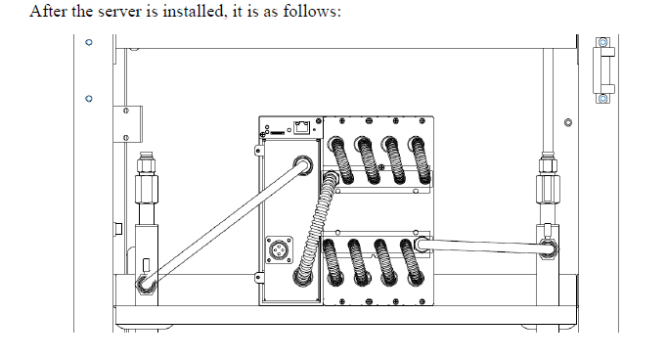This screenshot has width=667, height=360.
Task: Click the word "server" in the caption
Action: (120, 12)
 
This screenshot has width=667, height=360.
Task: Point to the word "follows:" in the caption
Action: (312, 11)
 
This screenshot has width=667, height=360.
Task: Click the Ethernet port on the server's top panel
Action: (301, 127)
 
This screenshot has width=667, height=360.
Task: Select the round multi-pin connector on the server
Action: (279, 249)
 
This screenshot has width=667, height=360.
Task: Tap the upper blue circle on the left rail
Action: (89, 42)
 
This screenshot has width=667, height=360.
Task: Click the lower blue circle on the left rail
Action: (89, 99)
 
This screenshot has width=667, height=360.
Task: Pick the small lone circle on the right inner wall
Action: (567, 122)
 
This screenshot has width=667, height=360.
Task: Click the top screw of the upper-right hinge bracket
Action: (602, 42)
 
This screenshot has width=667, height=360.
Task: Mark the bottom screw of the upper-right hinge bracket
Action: (602, 99)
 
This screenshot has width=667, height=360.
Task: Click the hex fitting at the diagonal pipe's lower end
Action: (146, 284)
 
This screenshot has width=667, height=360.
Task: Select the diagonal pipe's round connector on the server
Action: (302, 165)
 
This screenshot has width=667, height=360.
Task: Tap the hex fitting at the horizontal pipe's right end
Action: (548, 248)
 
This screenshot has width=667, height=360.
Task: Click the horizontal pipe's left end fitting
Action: (422, 245)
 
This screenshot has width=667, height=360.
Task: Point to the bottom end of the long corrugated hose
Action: (302, 277)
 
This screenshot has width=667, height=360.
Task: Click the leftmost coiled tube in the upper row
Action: (341, 160)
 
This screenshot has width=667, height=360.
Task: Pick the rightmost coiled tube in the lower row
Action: (412, 262)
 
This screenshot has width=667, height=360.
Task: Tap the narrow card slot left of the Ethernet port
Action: (278, 133)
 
